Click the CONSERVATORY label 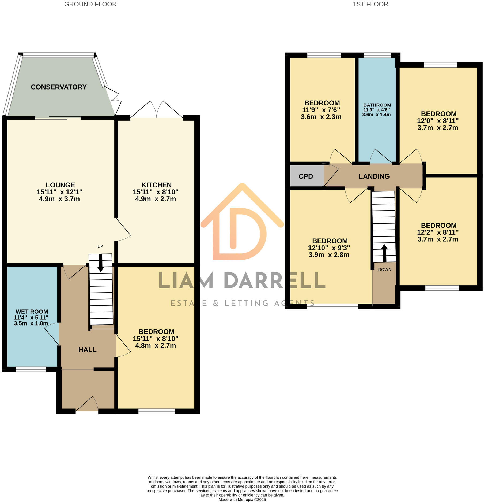(x=59, y=87)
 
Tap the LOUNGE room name (x=60, y=185)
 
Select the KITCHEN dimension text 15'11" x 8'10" (x=156, y=192)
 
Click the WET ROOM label (x=32, y=312)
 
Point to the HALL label (x=87, y=350)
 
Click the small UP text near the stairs (x=100, y=246)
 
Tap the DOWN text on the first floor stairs (x=384, y=270)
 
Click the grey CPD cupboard (x=306, y=176)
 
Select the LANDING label (x=374, y=176)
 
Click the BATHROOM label (x=377, y=105)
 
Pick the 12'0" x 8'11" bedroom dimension (x=438, y=121)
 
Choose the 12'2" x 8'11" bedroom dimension (x=438, y=232)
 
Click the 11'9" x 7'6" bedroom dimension (x=321, y=110)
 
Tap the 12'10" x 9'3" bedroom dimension (x=329, y=248)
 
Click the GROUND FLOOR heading (x=90, y=4)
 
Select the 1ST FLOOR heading (x=370, y=4)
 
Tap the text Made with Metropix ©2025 (x=242, y=500)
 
